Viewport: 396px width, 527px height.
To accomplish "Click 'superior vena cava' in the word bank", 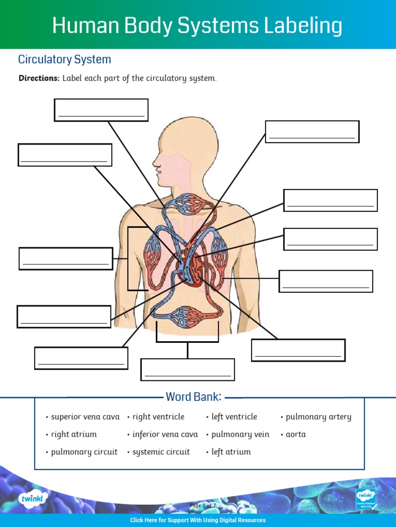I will pos(85,417).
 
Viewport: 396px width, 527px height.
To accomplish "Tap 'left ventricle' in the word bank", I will pos(234,417).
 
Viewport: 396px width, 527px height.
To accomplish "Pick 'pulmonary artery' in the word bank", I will pos(318,417).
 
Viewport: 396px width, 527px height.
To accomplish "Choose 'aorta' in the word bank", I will pos(295,434).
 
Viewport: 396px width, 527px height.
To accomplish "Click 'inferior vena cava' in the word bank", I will pos(164,434).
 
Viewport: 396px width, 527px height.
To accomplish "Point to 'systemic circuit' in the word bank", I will pos(161,452).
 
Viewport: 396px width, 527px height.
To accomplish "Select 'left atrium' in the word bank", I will pos(231,452).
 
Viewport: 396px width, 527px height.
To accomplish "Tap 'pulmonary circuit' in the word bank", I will pos(84,452).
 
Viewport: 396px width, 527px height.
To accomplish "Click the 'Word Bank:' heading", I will pos(193,397).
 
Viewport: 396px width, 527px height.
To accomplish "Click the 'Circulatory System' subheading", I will pos(64,59).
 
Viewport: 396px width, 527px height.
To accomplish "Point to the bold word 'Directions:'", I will pos(39,78).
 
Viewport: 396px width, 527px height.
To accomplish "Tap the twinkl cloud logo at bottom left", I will pos(34,498).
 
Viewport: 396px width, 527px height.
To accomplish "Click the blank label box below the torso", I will pos(188,370).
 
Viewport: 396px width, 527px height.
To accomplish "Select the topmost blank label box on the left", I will pos(101,110).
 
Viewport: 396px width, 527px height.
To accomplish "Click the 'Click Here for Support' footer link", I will pos(198,520).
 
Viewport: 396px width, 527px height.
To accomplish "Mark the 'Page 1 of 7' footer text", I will pos(203,505).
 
